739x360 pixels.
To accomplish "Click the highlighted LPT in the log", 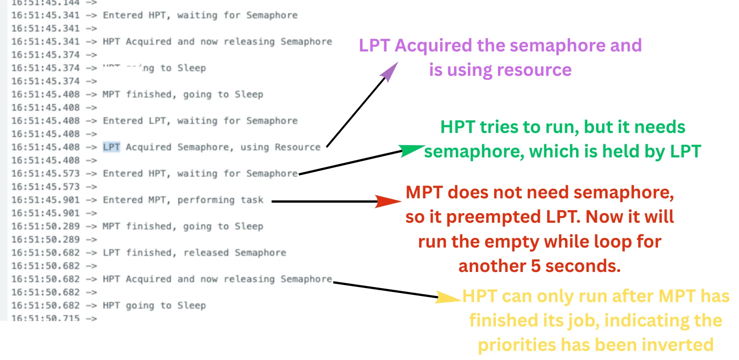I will coord(111,147).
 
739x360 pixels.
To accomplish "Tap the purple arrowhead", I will coord(390,71).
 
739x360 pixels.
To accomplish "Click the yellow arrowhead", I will coord(448,297).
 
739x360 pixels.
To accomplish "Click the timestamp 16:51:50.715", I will coord(45,318).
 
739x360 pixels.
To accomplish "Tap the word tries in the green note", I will coord(498,127).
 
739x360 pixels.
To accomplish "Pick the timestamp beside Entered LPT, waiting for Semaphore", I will coord(45,121).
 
